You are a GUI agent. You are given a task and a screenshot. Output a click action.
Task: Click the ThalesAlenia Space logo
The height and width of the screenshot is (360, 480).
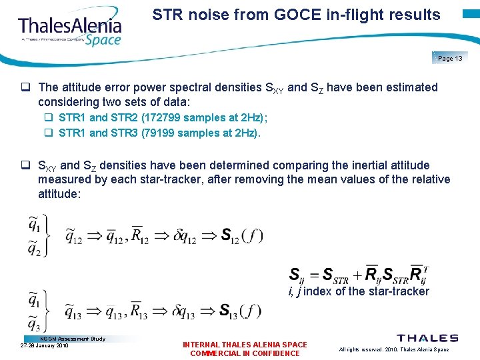(71, 28)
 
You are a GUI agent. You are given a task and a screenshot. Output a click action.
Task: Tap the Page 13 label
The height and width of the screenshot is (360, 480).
(450, 59)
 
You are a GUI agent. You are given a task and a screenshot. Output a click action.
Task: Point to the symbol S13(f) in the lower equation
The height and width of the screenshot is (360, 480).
(241, 311)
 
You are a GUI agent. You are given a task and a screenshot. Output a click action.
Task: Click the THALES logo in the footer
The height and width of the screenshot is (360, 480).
(427, 339)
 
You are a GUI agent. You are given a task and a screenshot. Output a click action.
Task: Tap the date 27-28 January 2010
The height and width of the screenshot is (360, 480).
(45, 346)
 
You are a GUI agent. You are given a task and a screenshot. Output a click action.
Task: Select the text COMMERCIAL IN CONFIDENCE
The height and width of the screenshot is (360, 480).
(245, 353)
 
